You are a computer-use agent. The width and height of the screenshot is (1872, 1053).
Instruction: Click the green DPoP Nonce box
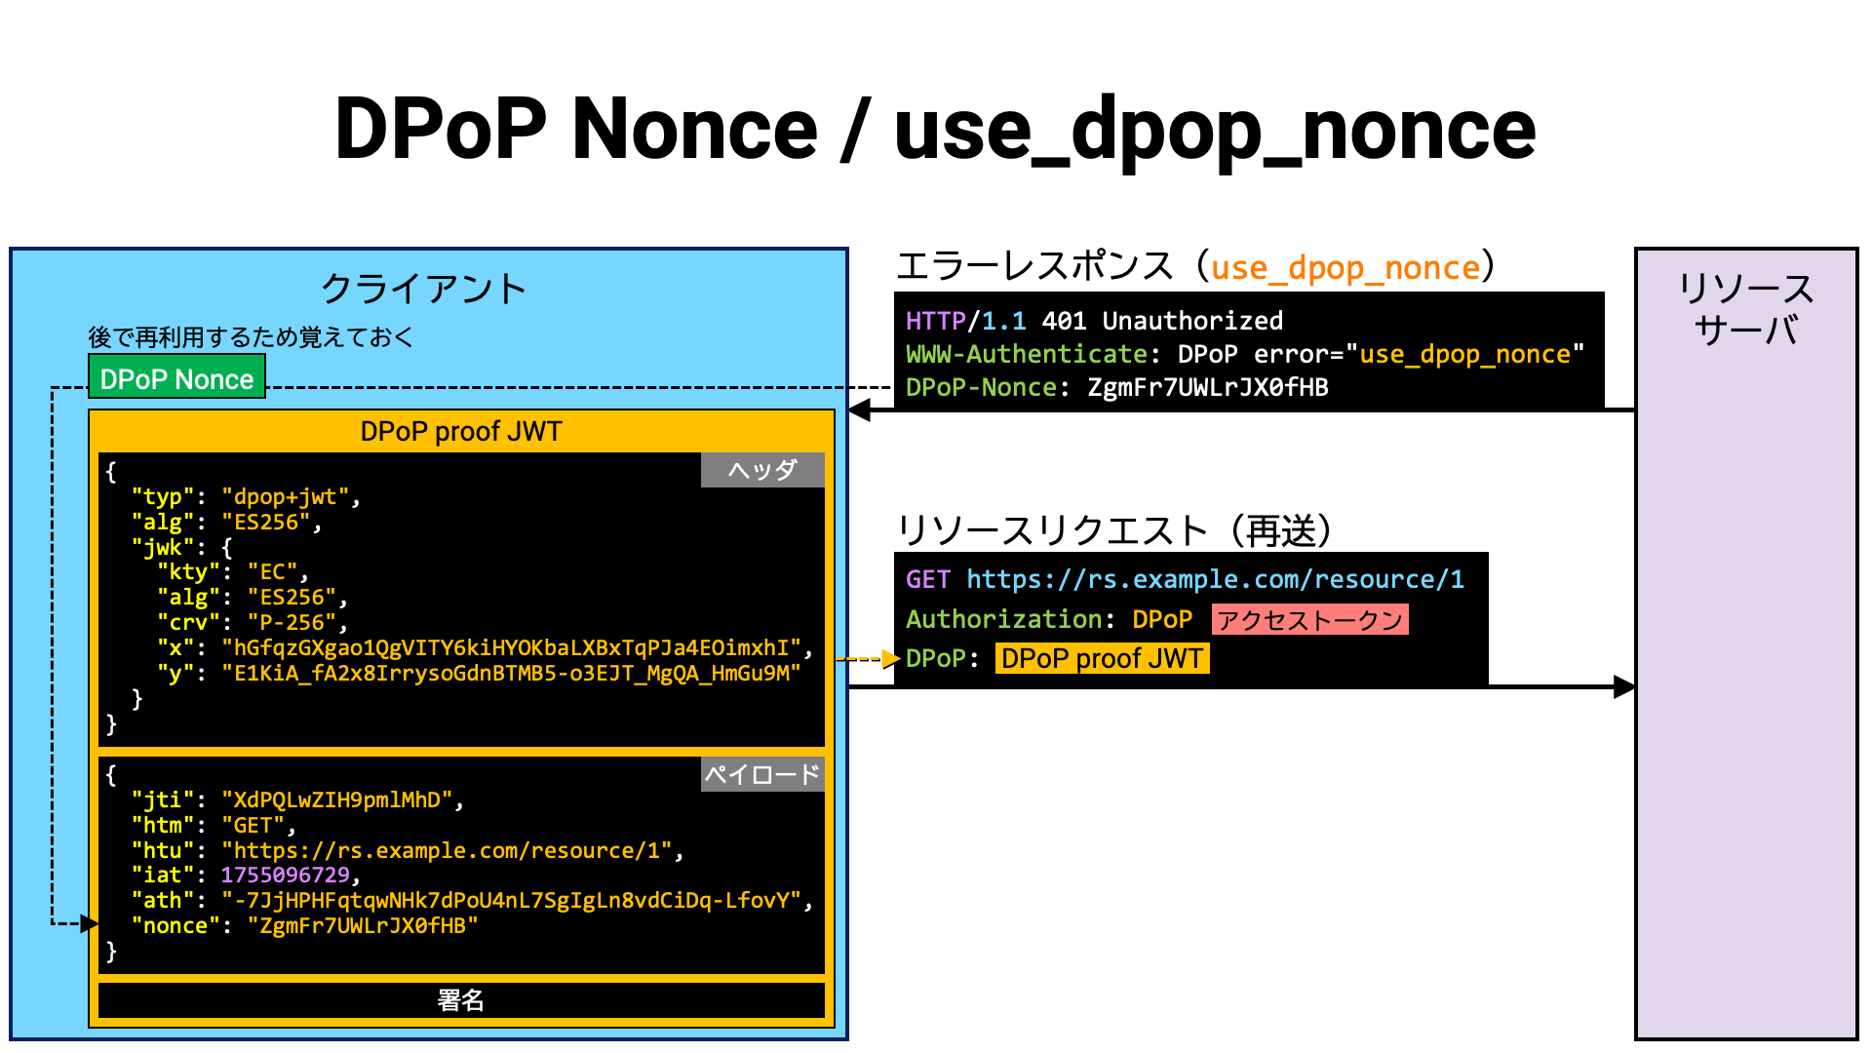176,378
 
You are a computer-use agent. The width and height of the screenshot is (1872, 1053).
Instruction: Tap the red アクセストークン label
1310,620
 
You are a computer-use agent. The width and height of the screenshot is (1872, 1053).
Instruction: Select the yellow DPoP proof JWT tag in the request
1102,659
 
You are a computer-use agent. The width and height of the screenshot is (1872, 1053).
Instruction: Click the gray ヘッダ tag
762,470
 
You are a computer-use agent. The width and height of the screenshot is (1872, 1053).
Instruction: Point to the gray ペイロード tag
762,774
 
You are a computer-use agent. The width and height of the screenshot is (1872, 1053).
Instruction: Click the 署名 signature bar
461,1000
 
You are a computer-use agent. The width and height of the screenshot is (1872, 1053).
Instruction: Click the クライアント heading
424,289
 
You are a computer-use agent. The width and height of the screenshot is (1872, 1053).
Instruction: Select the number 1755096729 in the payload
286,876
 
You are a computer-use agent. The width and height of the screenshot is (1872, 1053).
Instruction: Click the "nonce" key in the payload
175,926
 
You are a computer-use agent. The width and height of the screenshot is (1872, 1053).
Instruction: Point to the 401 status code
1064,321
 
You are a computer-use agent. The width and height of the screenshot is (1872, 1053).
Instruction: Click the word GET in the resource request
927,580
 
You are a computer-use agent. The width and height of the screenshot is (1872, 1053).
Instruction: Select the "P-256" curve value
292,622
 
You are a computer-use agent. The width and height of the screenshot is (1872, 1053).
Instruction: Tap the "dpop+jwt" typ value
286,497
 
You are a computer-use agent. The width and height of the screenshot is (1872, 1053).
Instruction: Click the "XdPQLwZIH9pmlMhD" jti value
337,800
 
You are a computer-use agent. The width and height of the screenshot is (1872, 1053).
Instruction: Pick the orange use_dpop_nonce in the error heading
1345,268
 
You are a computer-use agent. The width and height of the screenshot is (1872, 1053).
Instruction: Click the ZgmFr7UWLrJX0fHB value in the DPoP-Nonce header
1208,388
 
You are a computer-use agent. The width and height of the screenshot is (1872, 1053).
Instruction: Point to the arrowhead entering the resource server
1624,687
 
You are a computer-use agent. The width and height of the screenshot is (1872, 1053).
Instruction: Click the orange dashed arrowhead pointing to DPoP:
890,659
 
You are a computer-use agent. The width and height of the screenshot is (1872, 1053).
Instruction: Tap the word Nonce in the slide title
694,130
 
